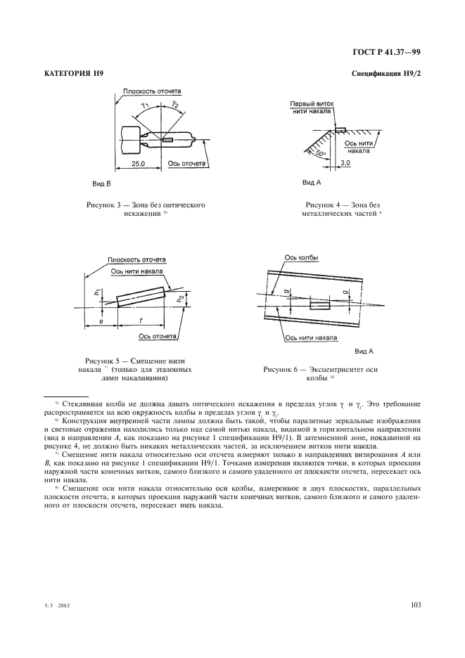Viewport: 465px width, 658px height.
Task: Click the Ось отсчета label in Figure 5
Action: [157, 336]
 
